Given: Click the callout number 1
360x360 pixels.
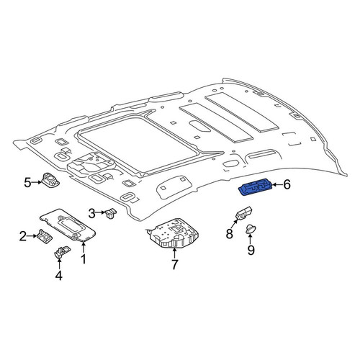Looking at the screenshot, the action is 84,259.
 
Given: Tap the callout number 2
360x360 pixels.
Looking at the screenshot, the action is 22,236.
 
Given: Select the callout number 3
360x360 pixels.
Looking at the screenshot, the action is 92,213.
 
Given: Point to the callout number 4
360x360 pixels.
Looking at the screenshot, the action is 59,276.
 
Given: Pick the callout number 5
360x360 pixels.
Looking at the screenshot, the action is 27,183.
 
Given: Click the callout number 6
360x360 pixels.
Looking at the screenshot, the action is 287,184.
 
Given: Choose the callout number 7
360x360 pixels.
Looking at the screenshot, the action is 174,264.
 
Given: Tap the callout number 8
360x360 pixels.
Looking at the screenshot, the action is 230,233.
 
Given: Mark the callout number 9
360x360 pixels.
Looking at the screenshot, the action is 251,251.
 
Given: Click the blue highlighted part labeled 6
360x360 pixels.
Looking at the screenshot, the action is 256,187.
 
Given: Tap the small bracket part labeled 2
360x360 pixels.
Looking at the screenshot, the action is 45,236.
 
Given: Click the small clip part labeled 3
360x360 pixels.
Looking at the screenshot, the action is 111,213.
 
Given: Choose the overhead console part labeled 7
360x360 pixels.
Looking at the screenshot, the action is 174,233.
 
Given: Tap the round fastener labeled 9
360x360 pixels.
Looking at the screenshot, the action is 251,229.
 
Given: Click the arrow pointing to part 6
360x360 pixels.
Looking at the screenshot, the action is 277,184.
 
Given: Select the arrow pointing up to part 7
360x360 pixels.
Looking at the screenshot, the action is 174,253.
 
